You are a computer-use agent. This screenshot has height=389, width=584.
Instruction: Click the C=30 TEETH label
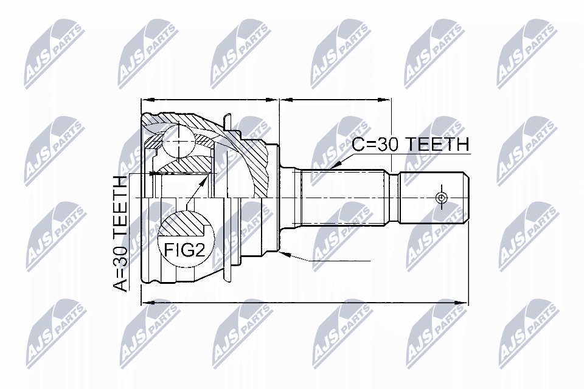[411, 145]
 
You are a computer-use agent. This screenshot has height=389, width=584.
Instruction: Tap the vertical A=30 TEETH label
[122, 233]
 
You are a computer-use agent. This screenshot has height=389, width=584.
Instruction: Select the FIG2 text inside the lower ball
[182, 249]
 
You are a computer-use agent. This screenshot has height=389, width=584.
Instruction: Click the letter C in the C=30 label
[360, 145]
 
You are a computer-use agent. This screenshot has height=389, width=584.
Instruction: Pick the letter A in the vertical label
[122, 285]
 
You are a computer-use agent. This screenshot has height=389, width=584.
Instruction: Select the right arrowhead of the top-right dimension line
[387, 98]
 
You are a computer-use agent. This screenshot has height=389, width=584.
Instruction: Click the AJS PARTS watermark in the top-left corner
[54, 51]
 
